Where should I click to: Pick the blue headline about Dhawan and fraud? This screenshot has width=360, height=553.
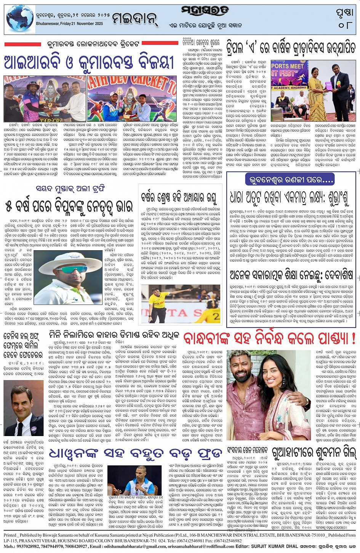click(x=135, y=454)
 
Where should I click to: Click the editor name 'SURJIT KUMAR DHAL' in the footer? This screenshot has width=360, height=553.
click(x=277, y=547)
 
